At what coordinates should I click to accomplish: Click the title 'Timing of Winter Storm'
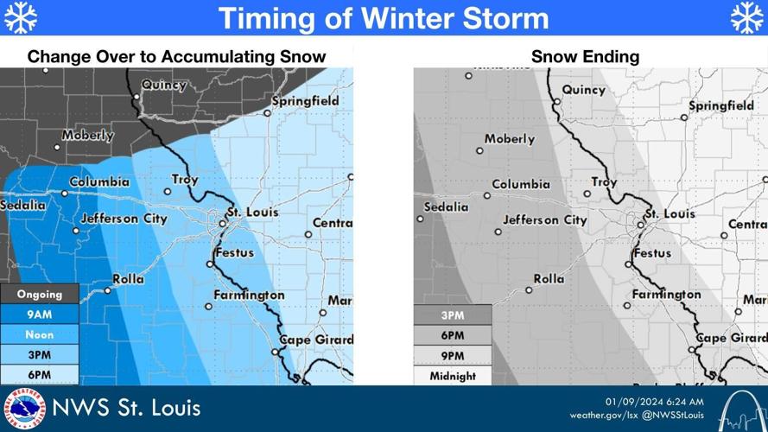tap(383, 18)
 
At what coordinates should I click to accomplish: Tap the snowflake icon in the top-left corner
tap(21, 17)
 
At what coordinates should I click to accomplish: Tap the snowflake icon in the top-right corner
tap(747, 17)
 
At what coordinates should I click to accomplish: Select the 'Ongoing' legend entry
tap(40, 295)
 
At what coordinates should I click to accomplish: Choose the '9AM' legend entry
tap(40, 314)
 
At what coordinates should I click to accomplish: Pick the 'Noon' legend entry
tap(40, 334)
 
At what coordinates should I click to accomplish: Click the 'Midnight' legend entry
tap(453, 376)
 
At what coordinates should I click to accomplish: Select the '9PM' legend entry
tap(453, 356)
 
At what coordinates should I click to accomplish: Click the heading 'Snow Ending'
tap(585, 57)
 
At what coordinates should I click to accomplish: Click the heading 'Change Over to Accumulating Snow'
tap(176, 57)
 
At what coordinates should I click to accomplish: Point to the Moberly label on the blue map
tap(88, 136)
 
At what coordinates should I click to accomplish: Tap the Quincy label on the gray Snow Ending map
tap(584, 90)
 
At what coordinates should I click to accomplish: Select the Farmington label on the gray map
tap(666, 295)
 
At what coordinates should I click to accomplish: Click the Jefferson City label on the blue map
tap(124, 219)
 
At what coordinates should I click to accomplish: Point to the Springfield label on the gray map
tap(721, 105)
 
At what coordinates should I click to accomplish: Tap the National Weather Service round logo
tap(24, 409)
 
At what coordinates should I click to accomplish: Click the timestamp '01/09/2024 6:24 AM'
tap(654, 401)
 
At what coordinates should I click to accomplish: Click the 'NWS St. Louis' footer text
tap(127, 408)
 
